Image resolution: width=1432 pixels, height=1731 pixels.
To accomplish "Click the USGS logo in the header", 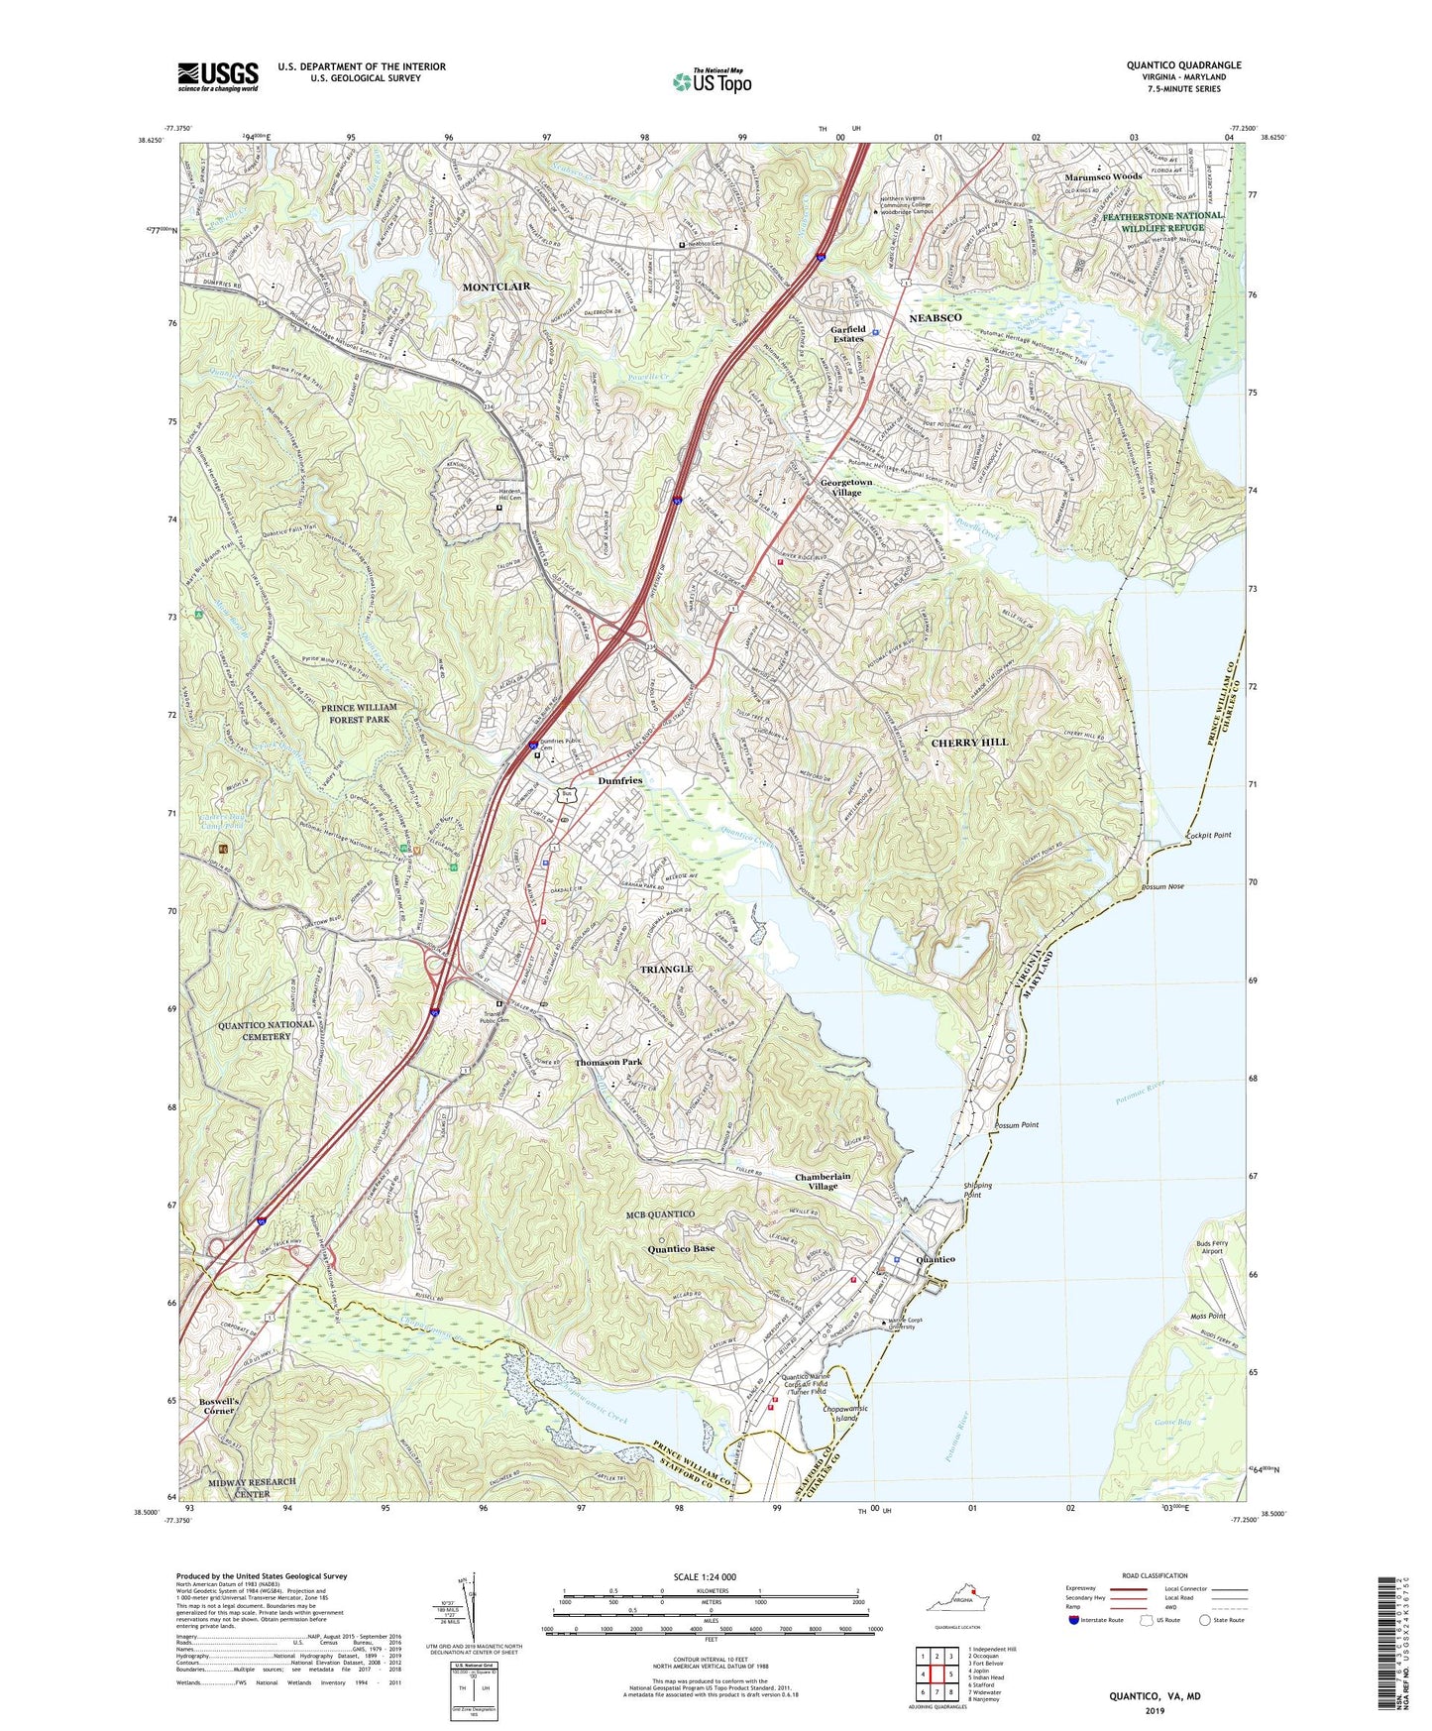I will pyautogui.click(x=218, y=76).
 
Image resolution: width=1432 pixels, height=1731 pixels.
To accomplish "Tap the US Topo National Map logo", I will pyautogui.click(x=711, y=81).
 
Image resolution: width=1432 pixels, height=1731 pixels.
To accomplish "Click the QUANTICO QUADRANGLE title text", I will pyautogui.click(x=1183, y=65).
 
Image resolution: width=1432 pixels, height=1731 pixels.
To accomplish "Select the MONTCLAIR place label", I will pyautogui.click(x=496, y=287).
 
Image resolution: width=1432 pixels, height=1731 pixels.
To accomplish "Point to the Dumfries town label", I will pyautogui.click(x=620, y=781).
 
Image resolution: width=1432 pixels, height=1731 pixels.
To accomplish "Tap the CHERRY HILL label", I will pyautogui.click(x=969, y=742).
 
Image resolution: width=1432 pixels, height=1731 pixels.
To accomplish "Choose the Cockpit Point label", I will pyautogui.click(x=1208, y=835).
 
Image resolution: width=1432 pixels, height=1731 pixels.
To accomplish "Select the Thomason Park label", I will pyautogui.click(x=608, y=1062).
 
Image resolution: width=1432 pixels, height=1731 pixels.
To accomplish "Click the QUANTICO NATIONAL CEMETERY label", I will pyautogui.click(x=267, y=1030).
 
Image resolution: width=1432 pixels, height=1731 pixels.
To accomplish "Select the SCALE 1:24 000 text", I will pyautogui.click(x=704, y=1576).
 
